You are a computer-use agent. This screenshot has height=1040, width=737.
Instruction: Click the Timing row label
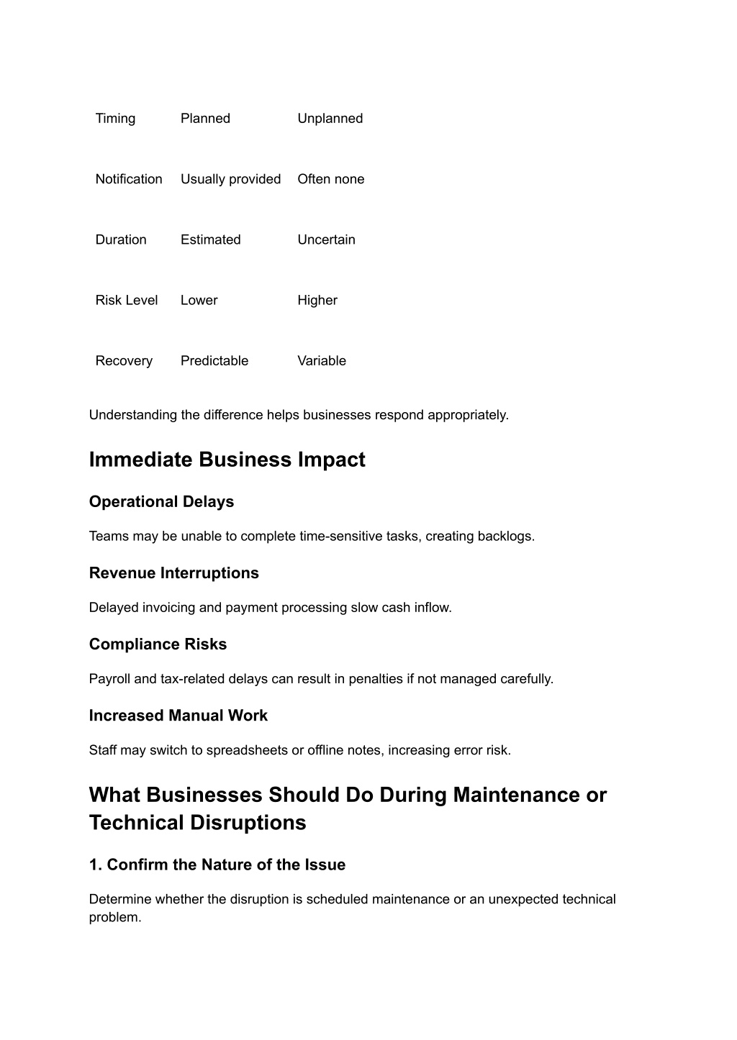point(115,119)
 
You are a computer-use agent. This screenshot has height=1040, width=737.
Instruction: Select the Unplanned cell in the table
point(330,119)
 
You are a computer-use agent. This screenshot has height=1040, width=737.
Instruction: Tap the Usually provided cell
point(230,179)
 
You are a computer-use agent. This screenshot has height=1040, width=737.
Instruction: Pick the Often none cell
point(330,179)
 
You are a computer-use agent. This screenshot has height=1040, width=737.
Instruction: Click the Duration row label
point(120,240)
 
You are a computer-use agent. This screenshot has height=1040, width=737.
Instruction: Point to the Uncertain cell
point(326,240)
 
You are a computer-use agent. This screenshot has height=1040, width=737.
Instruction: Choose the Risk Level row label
point(126,300)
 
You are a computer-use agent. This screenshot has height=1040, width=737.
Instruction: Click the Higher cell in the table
point(317,300)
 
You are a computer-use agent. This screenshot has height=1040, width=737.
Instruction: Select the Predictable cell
point(214,360)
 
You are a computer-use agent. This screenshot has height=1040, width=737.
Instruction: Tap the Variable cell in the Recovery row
point(321,360)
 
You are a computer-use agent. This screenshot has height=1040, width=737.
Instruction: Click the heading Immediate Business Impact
point(227,460)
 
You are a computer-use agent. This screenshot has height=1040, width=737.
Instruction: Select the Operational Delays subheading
point(161,501)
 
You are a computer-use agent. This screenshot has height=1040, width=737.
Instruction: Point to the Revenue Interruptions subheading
point(173,573)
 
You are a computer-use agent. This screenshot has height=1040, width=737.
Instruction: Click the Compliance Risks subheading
point(158,644)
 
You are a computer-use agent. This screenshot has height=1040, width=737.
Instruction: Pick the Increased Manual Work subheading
point(178,715)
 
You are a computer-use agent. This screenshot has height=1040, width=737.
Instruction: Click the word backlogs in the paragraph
point(507,536)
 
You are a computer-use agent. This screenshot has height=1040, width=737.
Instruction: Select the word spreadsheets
point(247,750)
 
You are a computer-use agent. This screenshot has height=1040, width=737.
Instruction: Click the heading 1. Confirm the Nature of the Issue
point(217,865)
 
